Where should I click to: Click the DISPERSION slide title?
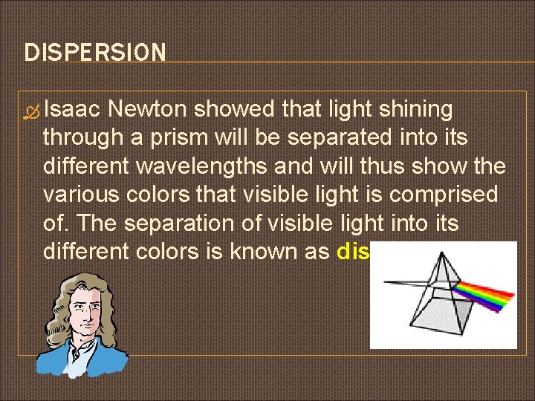point(95,53)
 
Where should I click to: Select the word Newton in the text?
point(146,110)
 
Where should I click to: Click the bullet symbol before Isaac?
point(33,111)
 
